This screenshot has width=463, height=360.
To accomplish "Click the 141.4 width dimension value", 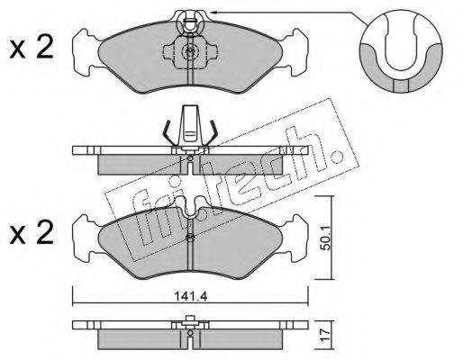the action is tap(191, 296).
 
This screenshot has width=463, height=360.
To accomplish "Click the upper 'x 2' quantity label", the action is tap(32, 48).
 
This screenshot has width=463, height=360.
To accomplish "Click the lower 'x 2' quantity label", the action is tap(32, 232).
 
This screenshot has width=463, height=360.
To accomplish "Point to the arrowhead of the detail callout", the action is tap(213, 13).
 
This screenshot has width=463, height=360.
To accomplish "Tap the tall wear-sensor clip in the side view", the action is tap(190, 123).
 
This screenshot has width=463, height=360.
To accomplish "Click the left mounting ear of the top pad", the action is tap(86, 52).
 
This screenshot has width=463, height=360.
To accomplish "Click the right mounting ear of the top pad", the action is tap(295, 52).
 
